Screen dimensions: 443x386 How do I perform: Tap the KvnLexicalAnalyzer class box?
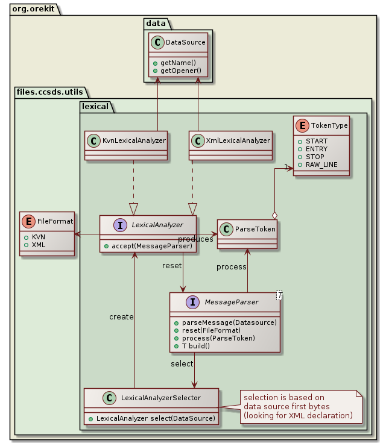click(x=125, y=145)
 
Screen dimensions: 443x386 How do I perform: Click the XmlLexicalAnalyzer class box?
click(x=230, y=145)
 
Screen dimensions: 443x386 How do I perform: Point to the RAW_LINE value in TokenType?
click(x=321, y=165)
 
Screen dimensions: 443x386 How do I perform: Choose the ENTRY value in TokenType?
click(x=317, y=149)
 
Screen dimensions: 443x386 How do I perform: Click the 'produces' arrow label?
click(x=195, y=239)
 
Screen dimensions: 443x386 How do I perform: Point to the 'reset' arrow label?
click(x=172, y=265)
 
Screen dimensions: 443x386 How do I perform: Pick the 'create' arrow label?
click(x=121, y=316)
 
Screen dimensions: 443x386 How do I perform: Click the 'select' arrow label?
click(x=182, y=364)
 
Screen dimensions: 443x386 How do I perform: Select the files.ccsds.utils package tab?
click(x=51, y=92)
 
